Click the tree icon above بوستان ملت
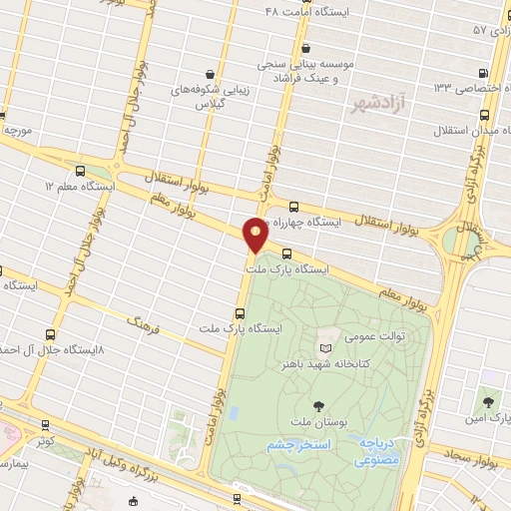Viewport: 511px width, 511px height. coord(317,405)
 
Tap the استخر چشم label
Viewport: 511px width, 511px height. coord(294,445)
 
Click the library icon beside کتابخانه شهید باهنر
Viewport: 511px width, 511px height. coord(324,347)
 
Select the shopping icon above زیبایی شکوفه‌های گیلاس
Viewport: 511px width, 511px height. coord(209,73)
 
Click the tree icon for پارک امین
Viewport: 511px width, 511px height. coord(488,401)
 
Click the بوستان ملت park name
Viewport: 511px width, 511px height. coord(316,424)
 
